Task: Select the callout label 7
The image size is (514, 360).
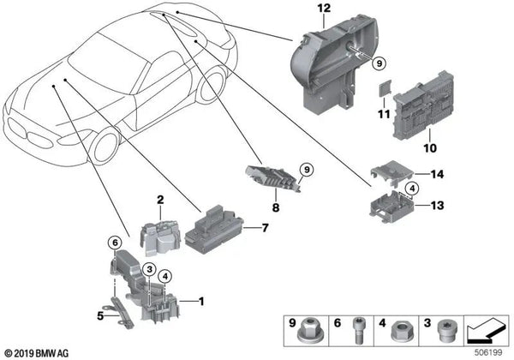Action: coord(266,229)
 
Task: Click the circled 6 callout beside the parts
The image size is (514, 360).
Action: coord(114,243)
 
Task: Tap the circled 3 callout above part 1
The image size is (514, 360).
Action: coord(148,270)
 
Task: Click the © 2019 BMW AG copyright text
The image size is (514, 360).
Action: coord(37,352)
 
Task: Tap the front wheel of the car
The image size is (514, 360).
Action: coord(111,147)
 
